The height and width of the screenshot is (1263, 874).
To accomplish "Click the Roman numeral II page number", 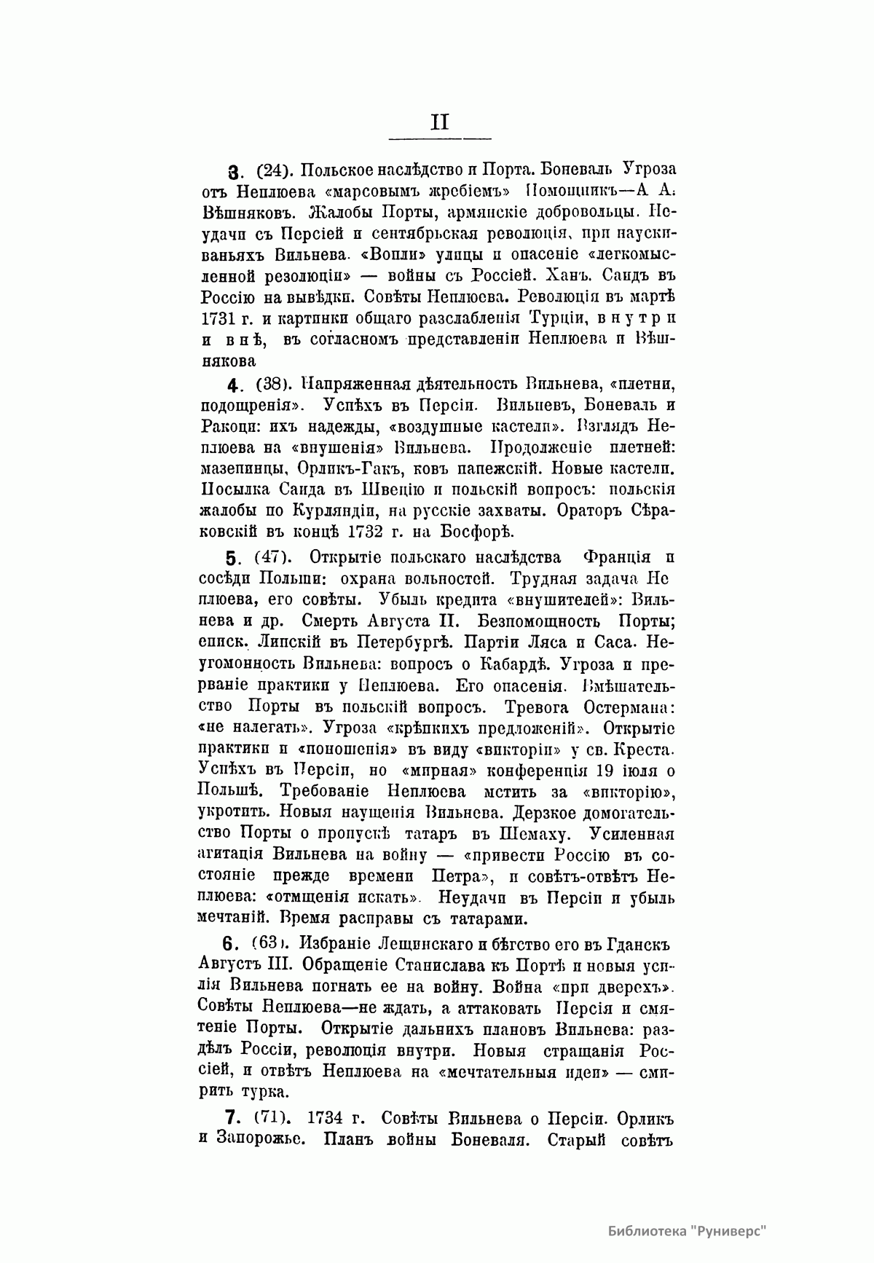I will click(x=440, y=122).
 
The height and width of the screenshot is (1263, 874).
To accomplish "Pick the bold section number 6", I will click(x=231, y=944).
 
